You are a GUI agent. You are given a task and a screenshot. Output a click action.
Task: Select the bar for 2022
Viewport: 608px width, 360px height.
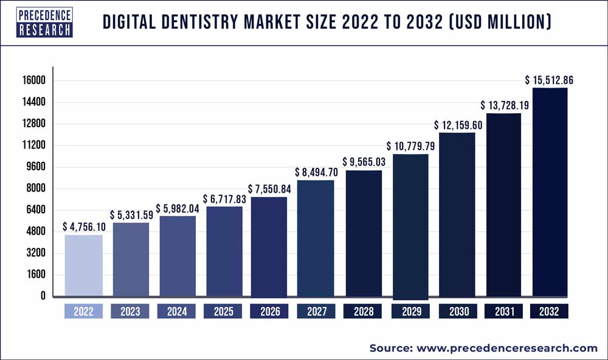point(83,265)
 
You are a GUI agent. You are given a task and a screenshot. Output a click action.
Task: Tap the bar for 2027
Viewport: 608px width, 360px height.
point(316,238)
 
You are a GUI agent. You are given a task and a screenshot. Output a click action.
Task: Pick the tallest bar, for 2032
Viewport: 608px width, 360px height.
point(550,192)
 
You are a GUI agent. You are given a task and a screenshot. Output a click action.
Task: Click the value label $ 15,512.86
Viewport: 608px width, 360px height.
point(550,80)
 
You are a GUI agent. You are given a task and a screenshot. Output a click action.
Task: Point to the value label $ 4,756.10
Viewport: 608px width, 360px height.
point(84,226)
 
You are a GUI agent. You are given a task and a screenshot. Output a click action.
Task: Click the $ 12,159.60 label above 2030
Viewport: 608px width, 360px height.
point(458,125)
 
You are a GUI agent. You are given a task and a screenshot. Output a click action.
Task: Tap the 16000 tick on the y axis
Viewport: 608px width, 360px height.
point(35,81)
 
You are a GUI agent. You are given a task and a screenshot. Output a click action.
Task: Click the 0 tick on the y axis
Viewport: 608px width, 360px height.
point(43,296)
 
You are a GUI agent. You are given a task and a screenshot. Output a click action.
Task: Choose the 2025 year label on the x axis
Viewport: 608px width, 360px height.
point(223,311)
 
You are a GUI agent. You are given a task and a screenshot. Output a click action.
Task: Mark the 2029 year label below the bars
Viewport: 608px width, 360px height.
point(411,311)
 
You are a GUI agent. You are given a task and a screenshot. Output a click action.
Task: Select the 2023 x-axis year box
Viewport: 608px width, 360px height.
point(130,311)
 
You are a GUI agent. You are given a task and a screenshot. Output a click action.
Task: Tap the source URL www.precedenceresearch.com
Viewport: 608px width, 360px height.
point(506,348)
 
